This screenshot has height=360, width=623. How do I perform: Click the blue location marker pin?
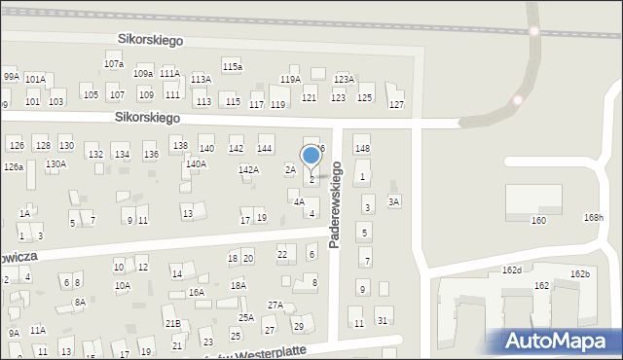311,156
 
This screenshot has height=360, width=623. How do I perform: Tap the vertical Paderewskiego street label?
335,204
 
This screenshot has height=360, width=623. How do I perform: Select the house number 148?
362,148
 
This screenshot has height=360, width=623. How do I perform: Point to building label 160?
538,221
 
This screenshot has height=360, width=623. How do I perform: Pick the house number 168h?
593,217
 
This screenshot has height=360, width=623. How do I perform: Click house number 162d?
512,270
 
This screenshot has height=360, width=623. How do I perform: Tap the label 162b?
580,274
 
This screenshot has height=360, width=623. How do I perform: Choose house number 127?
396,104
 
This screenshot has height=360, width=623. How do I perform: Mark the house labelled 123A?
344,79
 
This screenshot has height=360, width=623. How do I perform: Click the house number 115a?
232,66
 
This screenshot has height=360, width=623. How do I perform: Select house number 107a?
114,63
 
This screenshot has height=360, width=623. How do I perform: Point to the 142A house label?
248,169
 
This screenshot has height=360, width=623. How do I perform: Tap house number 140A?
196,164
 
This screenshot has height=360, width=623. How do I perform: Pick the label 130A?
55,163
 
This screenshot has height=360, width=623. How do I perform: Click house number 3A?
393,201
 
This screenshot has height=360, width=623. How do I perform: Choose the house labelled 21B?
172,323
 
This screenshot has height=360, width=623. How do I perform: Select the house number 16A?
196,292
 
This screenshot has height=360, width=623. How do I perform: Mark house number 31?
383,321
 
